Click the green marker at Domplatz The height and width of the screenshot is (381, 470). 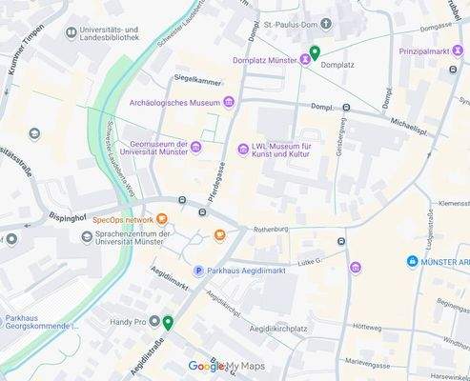click(315, 53)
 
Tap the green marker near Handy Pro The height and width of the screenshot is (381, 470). click(168, 323)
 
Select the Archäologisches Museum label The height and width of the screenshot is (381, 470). click(174, 102)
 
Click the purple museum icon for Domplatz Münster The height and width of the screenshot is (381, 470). click(305, 60)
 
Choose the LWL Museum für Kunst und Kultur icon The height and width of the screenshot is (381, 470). click(244, 149)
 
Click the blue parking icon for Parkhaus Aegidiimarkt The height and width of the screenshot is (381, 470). click(199, 271)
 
